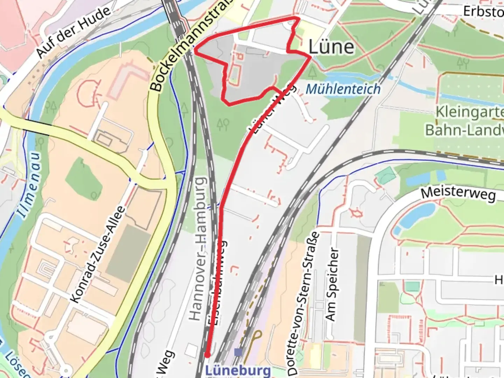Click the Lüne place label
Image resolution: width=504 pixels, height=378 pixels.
point(331,47)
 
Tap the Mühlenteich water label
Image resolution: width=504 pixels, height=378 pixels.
point(343,89)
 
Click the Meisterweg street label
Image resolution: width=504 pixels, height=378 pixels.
point(458,193)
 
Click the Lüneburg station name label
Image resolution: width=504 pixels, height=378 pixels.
point(238,370)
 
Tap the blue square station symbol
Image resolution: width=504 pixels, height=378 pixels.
point(238,352)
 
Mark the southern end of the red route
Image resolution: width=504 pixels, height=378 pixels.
point(207,355)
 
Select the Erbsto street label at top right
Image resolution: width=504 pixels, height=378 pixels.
point(483,11)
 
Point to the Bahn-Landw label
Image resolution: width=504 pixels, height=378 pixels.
point(464,130)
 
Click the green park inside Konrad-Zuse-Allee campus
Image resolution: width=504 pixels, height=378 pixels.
point(84,182)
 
